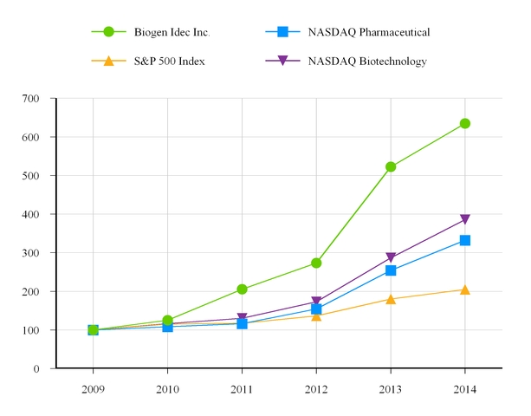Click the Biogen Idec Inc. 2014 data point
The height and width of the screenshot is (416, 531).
pyautogui.click(x=465, y=123)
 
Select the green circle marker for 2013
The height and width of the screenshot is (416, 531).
pyautogui.click(x=391, y=166)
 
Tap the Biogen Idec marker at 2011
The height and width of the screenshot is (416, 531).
pyautogui.click(x=242, y=289)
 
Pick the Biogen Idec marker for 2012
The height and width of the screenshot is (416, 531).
pyautogui.click(x=316, y=263)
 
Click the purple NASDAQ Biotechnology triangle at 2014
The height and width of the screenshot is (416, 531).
pyautogui.click(x=465, y=220)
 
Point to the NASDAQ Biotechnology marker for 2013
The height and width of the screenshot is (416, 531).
pyautogui.click(x=391, y=257)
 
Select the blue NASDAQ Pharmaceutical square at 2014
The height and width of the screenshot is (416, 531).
pyautogui.click(x=465, y=240)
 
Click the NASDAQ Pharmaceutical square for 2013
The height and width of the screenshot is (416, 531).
pyautogui.click(x=391, y=270)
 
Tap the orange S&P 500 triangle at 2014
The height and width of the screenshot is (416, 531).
pyautogui.click(x=465, y=289)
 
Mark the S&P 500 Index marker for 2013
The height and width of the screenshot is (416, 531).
pyautogui.click(x=391, y=299)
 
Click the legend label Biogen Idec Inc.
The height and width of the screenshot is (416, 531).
pyautogui.click(x=172, y=33)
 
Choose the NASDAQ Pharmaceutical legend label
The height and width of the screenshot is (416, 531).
pyautogui.click(x=369, y=33)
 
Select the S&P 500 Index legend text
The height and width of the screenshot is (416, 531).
pyautogui.click(x=168, y=61)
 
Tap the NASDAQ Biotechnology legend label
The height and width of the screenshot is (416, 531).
pyautogui.click(x=367, y=61)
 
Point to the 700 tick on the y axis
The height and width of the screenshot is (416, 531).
pyautogui.click(x=32, y=98)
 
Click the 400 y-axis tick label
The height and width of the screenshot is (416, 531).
pyautogui.click(x=32, y=214)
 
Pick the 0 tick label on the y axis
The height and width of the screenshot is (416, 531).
pyautogui.click(x=37, y=369)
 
